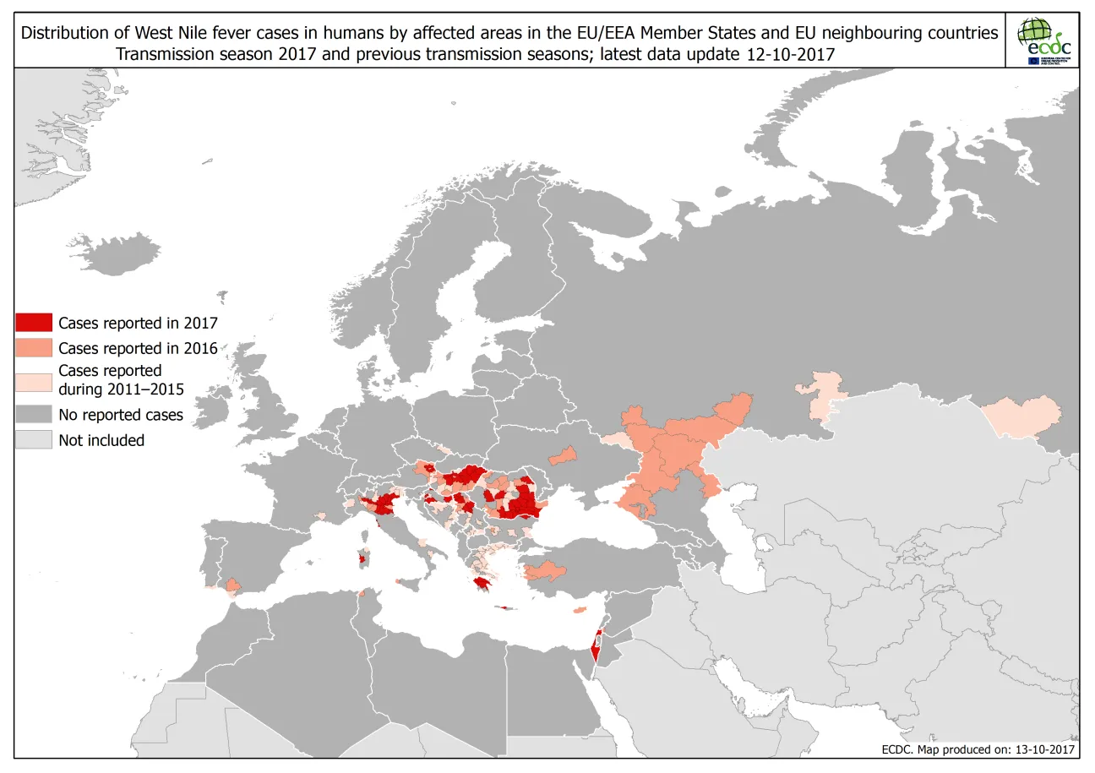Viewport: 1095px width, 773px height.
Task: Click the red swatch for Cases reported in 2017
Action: coord(33,322)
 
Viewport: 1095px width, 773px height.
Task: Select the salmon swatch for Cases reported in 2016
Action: coord(33,347)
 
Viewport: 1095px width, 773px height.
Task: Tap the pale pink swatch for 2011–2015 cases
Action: coord(33,379)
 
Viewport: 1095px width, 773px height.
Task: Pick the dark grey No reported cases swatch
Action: coord(33,415)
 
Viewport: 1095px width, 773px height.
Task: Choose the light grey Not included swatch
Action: coord(33,439)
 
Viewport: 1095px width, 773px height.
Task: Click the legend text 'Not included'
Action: coord(101,440)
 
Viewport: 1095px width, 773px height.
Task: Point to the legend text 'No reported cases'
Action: coord(121,415)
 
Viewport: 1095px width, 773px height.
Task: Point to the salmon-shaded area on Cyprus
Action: coord(580,609)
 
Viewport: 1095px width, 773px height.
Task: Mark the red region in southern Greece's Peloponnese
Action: coord(484,582)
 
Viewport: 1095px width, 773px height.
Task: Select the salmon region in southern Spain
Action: coord(234,585)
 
